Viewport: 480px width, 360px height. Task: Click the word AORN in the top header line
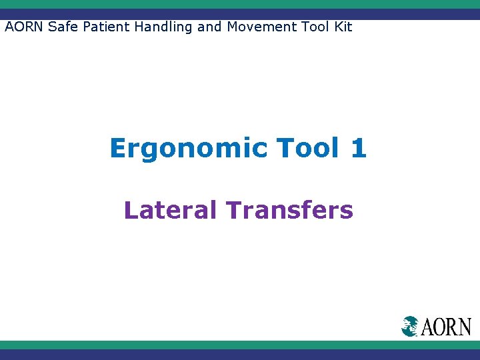pos(24,27)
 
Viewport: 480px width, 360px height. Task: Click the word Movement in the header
pos(257,27)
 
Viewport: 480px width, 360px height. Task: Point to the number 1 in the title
pos(358,147)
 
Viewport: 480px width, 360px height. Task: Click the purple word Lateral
pos(170,210)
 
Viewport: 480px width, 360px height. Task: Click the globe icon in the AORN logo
pos(410,326)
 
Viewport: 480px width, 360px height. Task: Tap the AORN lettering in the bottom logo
pos(446,327)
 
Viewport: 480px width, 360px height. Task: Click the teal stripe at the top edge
pos(240,4)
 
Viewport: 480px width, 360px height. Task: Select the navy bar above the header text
pos(240,14)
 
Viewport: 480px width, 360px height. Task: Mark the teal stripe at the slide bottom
pos(240,345)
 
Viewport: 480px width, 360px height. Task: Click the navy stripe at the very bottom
pos(240,355)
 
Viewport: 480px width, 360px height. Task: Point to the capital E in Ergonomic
pos(119,147)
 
